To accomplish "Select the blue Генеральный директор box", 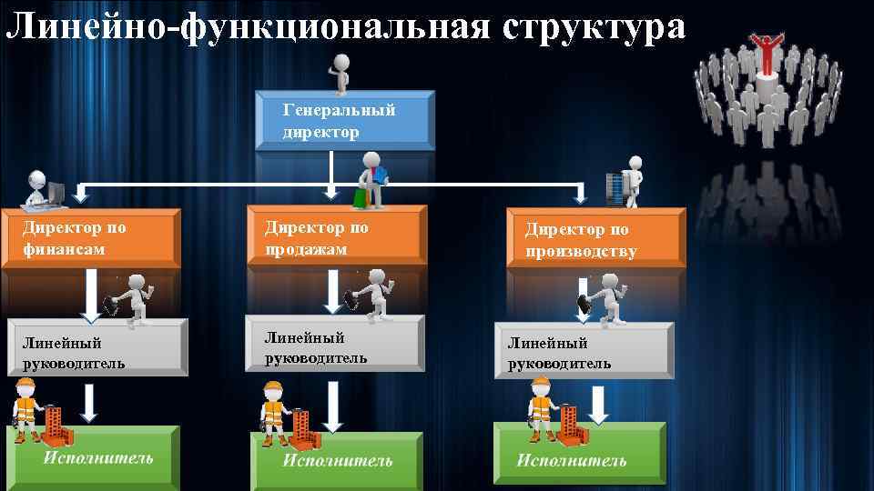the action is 344,120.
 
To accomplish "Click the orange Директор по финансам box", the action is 91,237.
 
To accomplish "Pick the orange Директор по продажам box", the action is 336,235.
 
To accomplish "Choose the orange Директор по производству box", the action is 595,239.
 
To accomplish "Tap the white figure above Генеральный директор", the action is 341,73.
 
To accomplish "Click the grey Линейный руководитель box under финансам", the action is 97,349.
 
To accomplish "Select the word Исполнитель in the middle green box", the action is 337,460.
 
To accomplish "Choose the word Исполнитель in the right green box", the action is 572,460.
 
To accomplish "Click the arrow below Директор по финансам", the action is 90,296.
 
